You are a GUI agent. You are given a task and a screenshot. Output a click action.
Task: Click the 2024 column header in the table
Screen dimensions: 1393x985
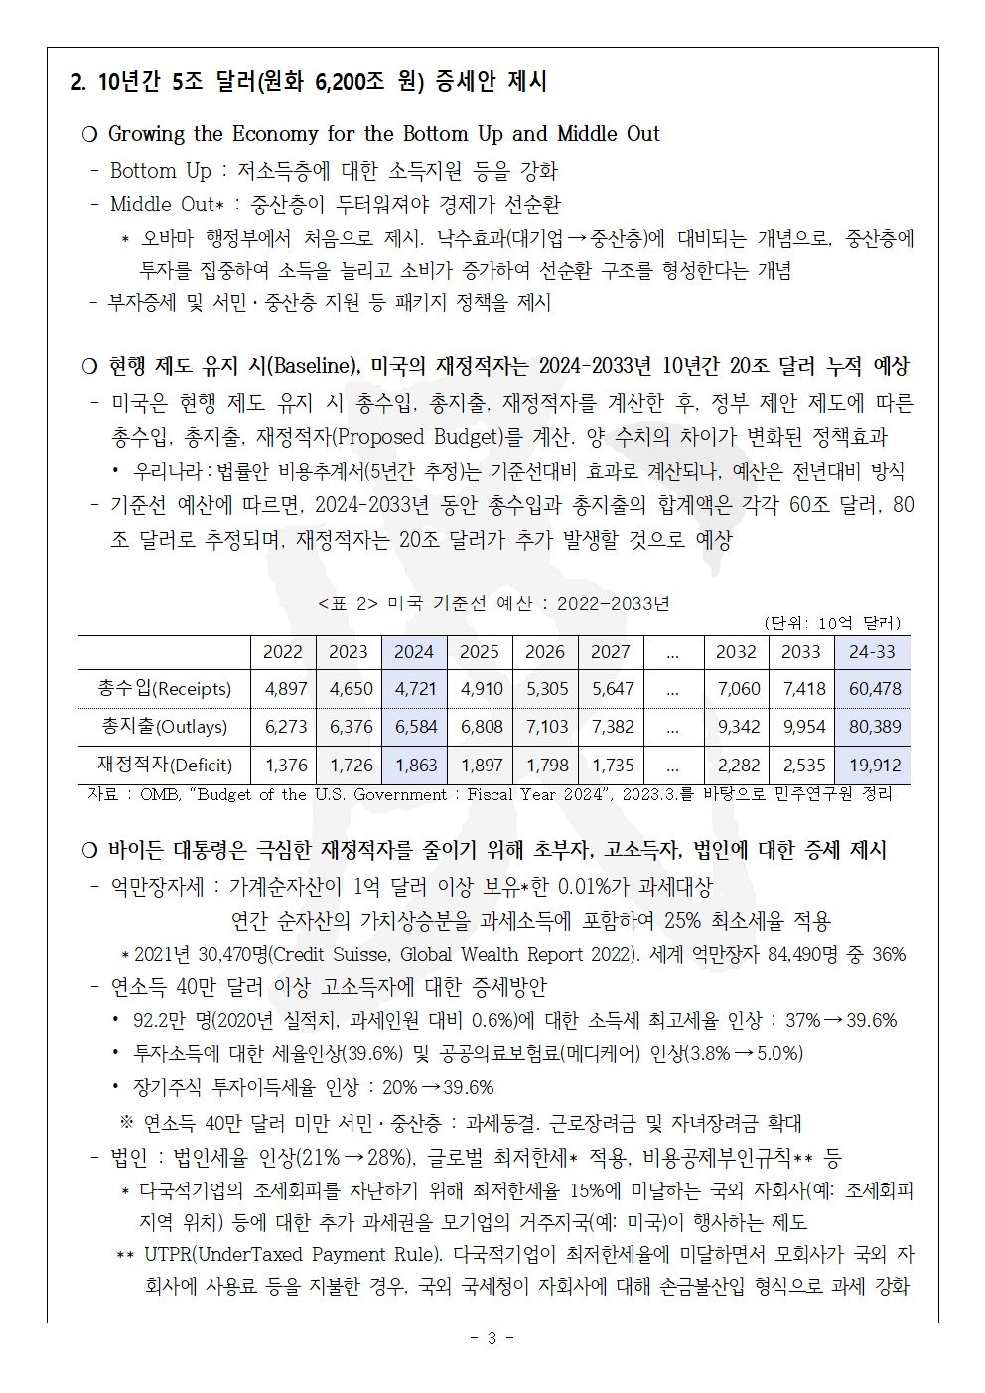click(x=414, y=651)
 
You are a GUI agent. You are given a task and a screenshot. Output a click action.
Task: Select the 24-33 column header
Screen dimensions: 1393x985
click(x=873, y=651)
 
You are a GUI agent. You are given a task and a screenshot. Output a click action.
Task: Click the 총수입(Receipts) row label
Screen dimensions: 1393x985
click(x=164, y=688)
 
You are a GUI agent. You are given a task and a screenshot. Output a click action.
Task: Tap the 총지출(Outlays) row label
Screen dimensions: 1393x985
click(x=164, y=726)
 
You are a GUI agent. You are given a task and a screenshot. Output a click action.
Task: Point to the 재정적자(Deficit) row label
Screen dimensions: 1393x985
click(x=164, y=765)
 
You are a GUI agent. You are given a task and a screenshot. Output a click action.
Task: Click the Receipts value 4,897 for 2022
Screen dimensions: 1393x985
click(x=285, y=688)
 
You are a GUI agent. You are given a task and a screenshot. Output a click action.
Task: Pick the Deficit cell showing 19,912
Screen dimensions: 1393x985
click(x=874, y=765)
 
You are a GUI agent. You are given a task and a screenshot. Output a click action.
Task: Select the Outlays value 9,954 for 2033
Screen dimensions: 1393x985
click(x=803, y=726)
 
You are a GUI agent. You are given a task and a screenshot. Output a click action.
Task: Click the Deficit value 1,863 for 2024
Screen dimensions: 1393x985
click(x=415, y=765)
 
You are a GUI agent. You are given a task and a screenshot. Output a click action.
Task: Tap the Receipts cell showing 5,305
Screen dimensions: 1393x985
click(x=546, y=688)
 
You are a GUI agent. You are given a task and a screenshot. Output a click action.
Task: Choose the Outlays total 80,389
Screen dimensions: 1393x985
click(x=874, y=726)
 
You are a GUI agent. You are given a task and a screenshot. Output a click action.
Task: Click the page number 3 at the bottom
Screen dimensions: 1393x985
click(x=492, y=1338)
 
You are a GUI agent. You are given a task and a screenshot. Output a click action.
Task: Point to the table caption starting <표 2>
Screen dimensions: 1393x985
click(x=493, y=603)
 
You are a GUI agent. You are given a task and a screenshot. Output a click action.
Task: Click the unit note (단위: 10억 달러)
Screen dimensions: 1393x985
click(x=832, y=623)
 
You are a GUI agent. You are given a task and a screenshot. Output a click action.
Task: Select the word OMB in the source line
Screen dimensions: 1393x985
click(x=160, y=794)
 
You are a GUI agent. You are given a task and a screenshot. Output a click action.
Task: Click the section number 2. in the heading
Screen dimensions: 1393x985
click(x=78, y=82)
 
